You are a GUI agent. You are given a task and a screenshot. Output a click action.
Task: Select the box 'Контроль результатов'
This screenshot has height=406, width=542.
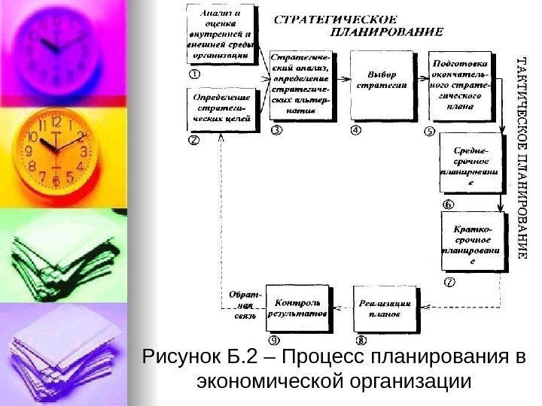pyautogui.click(x=302, y=308)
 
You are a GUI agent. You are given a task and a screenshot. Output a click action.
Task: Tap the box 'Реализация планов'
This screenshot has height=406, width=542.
pyautogui.click(x=384, y=308)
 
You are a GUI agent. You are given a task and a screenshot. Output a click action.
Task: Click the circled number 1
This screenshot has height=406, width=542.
pyautogui.click(x=194, y=74)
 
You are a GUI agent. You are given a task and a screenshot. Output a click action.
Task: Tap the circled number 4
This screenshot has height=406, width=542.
pyautogui.click(x=356, y=129)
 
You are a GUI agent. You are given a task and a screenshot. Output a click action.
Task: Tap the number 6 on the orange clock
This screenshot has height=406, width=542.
pyautogui.click(x=56, y=180)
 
